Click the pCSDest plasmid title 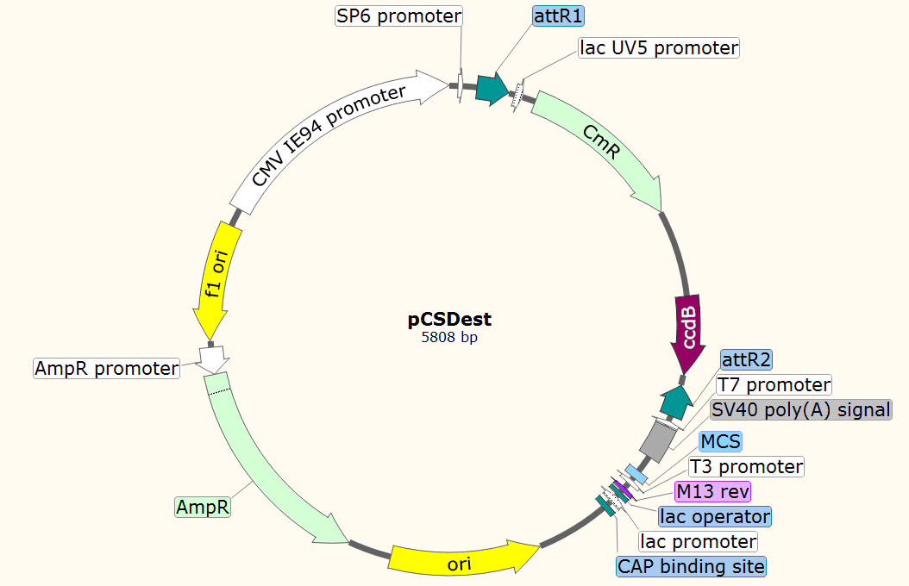[x=449, y=320]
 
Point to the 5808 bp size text [x=449, y=338]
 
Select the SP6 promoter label [x=398, y=16]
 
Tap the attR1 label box [x=558, y=15]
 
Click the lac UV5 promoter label [x=658, y=47]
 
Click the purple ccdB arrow [x=688, y=333]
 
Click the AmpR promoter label [x=106, y=369]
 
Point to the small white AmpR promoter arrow [x=211, y=356]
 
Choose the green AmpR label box [x=203, y=507]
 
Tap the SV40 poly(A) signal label [x=800, y=409]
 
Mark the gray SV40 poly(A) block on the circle [x=658, y=440]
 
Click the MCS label [x=720, y=442]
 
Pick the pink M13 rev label [x=713, y=492]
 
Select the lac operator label [x=714, y=516]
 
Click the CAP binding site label [x=691, y=566]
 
